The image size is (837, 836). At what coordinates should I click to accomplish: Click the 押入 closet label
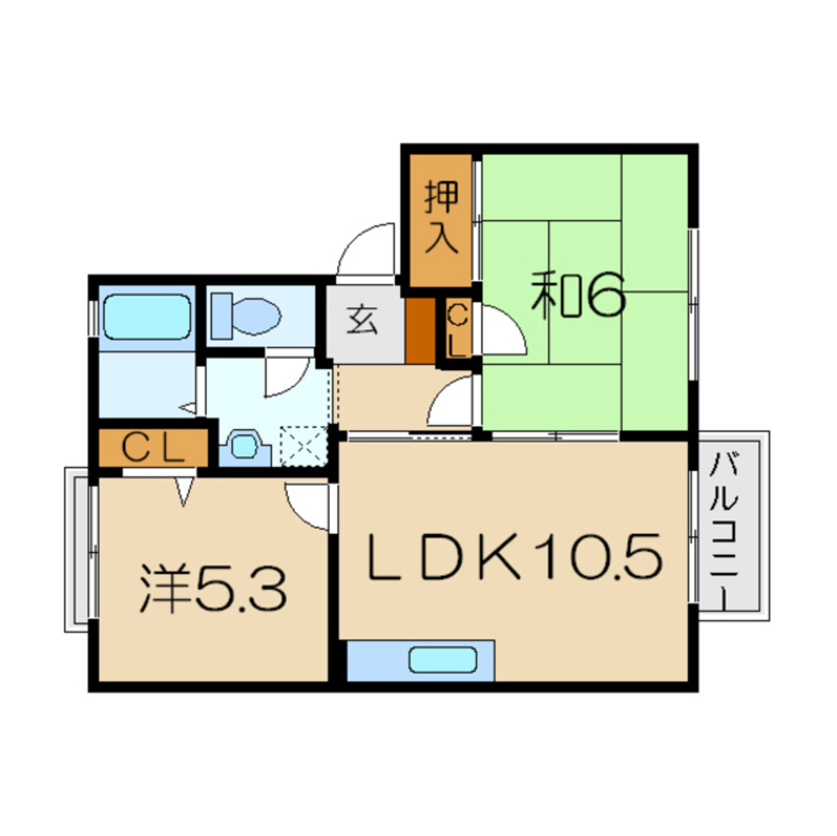pyautogui.click(x=441, y=218)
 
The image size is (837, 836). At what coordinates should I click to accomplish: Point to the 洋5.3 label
pyautogui.click(x=213, y=587)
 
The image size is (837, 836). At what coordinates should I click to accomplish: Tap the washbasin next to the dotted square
pyautogui.click(x=243, y=446)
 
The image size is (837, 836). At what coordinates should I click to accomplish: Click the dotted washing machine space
pyautogui.click(x=303, y=444)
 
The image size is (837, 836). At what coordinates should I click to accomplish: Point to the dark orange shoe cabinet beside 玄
pyautogui.click(x=419, y=330)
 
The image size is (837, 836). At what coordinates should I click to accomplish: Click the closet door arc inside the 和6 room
pyautogui.click(x=501, y=334)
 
